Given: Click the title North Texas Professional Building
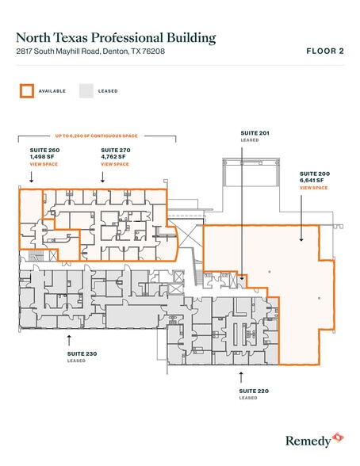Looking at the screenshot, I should pyautogui.click(x=116, y=37).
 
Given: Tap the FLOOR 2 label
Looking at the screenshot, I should pyautogui.click(x=324, y=52).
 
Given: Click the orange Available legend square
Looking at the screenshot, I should pyautogui.click(x=27, y=90).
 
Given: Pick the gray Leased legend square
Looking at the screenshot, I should pyautogui.click(x=86, y=90).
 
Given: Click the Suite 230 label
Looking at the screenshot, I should pyautogui.click(x=77, y=353).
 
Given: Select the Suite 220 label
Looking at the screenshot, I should pyautogui.click(x=253, y=390).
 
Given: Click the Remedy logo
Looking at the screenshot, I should pyautogui.click(x=315, y=437).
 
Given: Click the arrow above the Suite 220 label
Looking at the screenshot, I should pyautogui.click(x=253, y=376).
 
